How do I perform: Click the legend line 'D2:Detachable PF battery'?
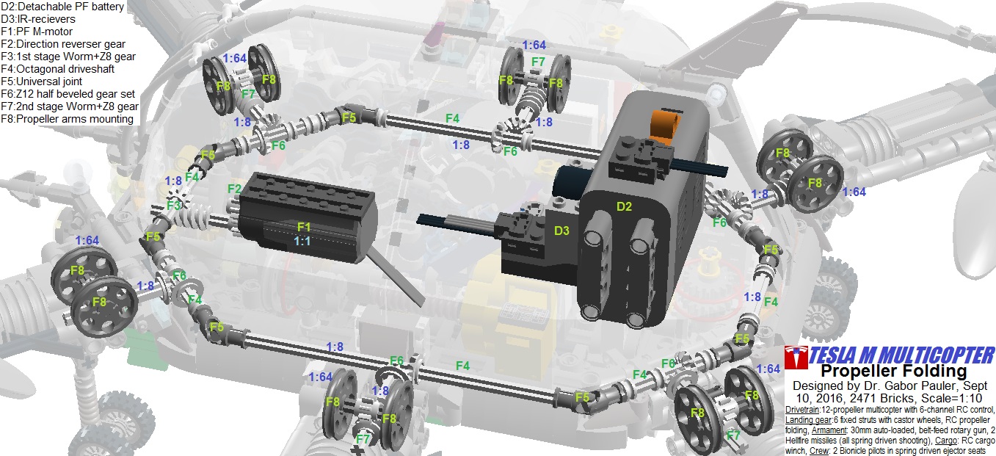(x=62, y=7)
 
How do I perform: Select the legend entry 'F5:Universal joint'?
(x=42, y=82)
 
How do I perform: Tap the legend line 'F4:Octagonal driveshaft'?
(x=58, y=69)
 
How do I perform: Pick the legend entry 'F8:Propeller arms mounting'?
(x=67, y=119)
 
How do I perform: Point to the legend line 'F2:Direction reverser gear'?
(x=63, y=44)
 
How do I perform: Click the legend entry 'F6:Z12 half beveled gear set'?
(x=68, y=94)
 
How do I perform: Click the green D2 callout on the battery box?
(x=625, y=206)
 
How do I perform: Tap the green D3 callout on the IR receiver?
(x=561, y=231)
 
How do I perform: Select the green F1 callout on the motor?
(x=304, y=227)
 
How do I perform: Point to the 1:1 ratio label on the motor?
(x=302, y=241)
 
